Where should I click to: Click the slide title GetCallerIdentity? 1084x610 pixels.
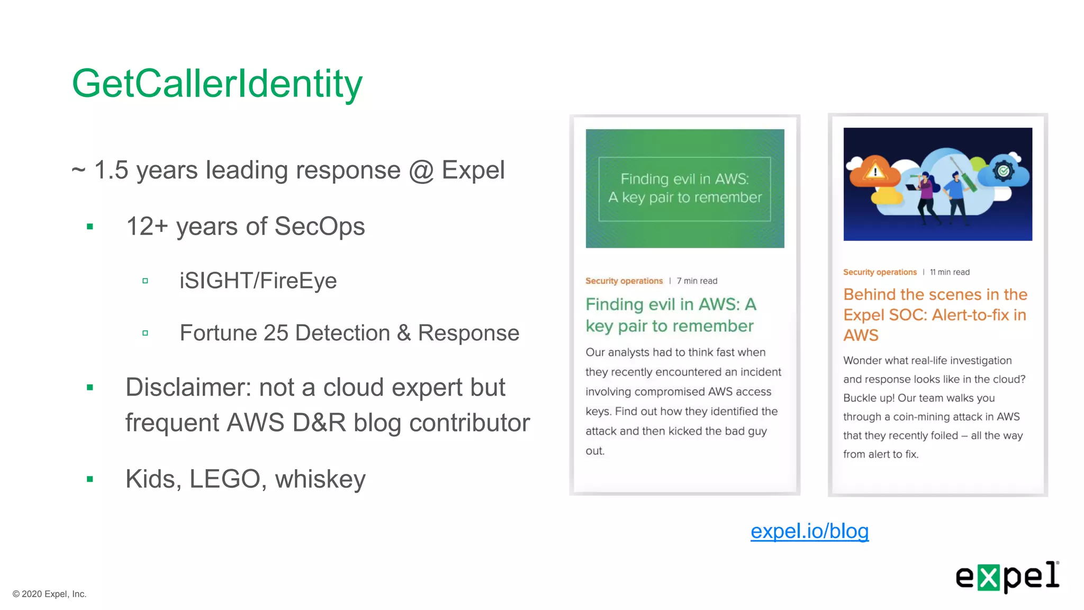point(217,84)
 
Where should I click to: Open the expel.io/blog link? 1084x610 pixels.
point(809,531)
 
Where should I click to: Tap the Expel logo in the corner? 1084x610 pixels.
point(1007,577)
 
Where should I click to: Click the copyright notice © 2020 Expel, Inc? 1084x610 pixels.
point(49,594)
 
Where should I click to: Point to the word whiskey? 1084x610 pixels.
point(320,479)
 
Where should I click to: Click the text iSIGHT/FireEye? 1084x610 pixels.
point(258,281)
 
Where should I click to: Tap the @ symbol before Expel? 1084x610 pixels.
point(421,171)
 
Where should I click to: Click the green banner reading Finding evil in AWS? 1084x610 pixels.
point(685,189)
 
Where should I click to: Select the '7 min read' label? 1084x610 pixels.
point(697,281)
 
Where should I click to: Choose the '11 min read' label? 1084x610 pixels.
point(950,272)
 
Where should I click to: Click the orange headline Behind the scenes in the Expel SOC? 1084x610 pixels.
point(935,315)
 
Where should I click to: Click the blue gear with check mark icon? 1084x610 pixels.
point(1002,171)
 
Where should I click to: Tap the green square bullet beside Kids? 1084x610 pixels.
point(90,479)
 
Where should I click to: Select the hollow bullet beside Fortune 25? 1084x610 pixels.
point(145,333)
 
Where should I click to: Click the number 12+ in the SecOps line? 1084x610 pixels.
point(147,227)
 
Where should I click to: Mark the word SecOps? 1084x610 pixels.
point(320,227)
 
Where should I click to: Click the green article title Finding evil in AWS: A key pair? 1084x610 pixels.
point(671,315)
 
